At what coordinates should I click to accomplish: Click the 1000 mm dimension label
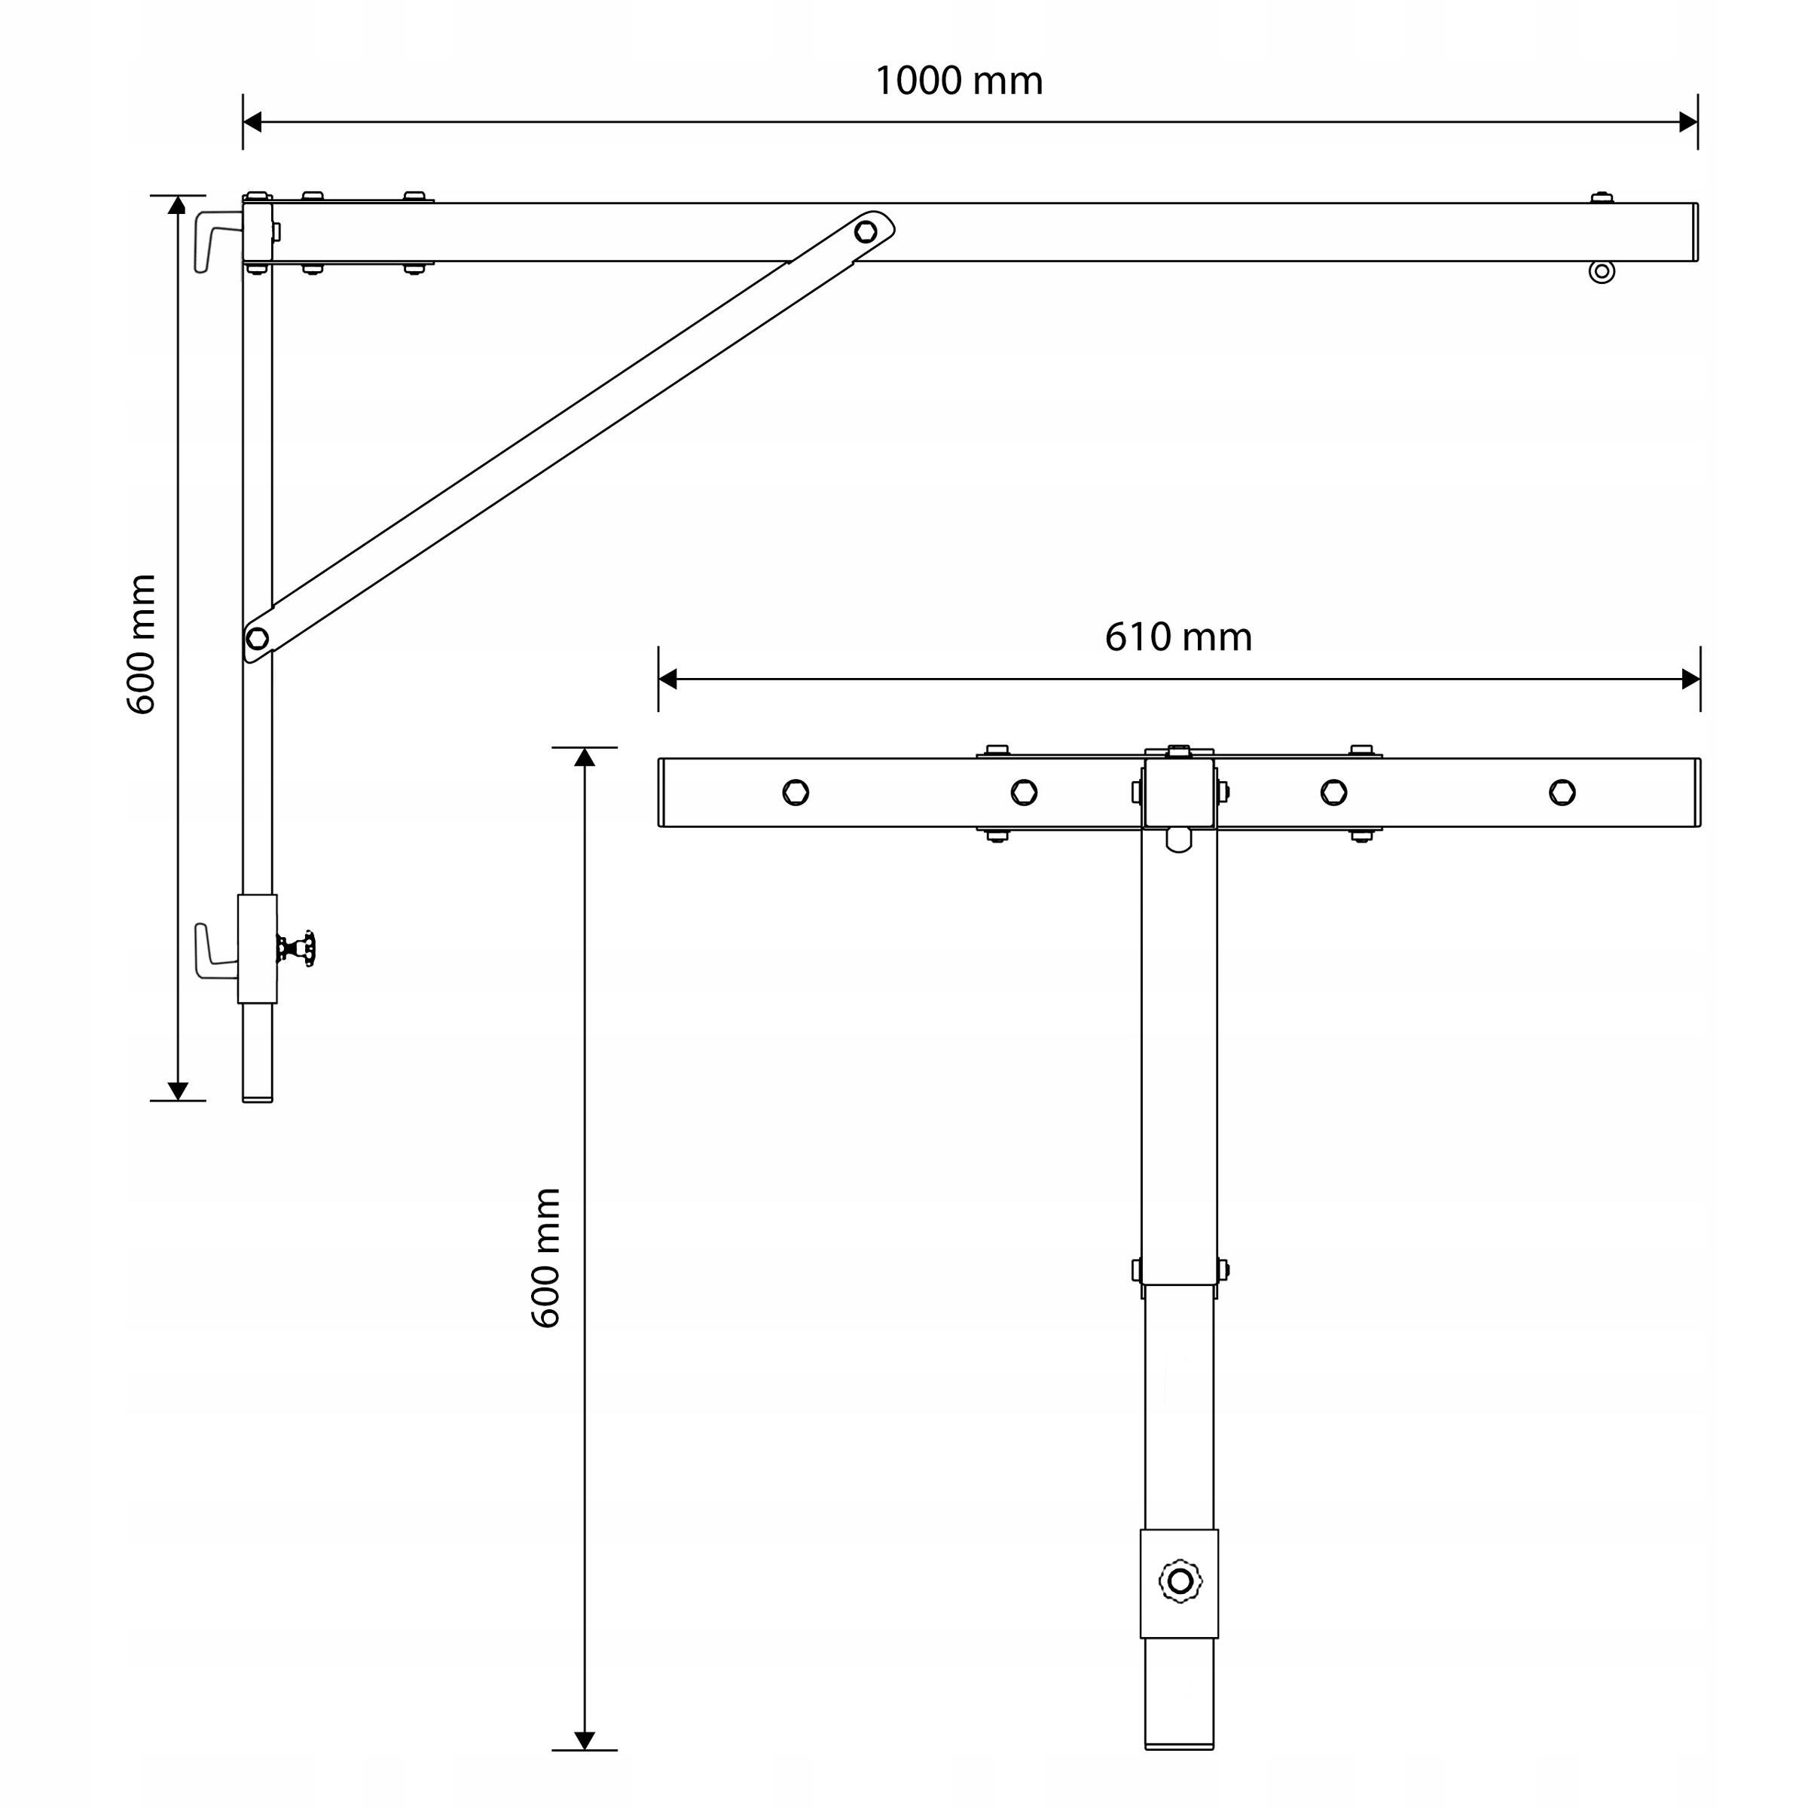coord(958,81)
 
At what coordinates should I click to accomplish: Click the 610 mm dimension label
coord(1178,637)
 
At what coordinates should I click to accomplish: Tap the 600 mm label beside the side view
coord(142,645)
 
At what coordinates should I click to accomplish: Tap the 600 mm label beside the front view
coord(545,1258)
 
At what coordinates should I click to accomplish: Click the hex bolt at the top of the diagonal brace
coord(866,231)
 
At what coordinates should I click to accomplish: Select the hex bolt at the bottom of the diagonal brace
coord(256,638)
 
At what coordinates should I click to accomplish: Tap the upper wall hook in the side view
coord(218,241)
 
